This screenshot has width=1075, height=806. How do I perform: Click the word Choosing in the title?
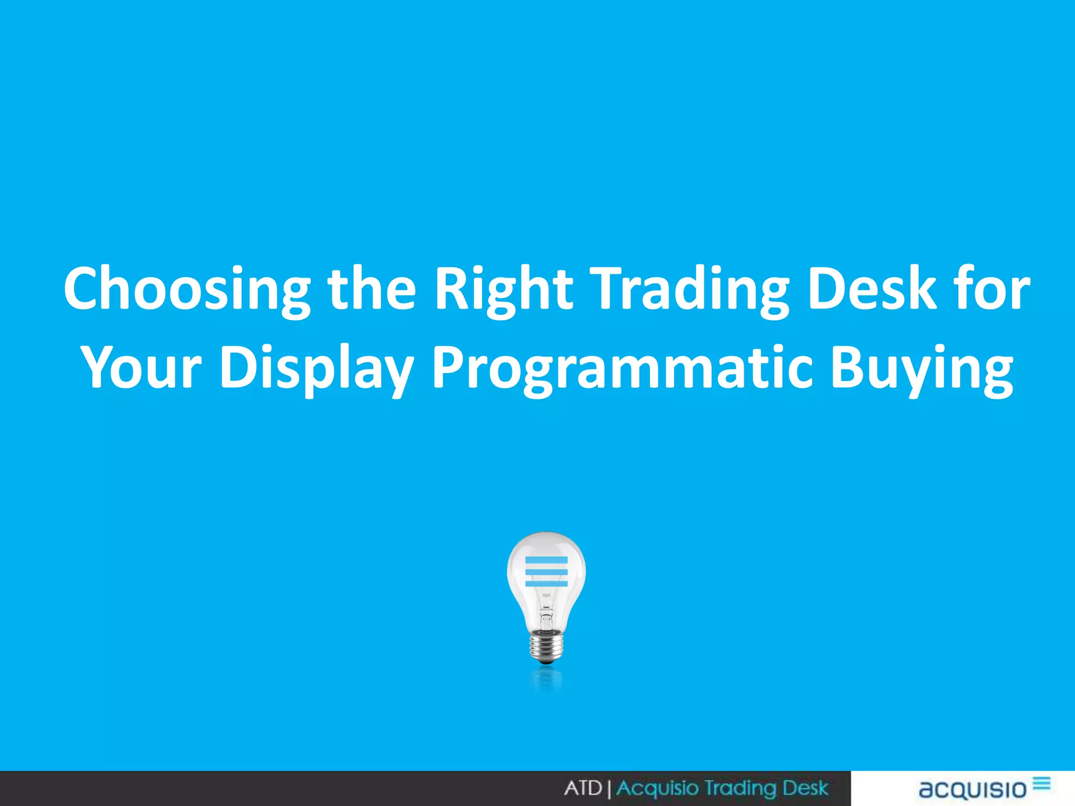[x=187, y=289]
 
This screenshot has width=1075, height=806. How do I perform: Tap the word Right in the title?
[x=503, y=289]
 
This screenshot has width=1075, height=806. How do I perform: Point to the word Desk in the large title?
[x=872, y=289]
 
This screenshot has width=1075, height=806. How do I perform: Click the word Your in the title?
[x=142, y=367]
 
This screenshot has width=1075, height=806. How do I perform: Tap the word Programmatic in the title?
[x=623, y=367]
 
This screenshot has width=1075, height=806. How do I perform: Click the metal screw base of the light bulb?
[x=546, y=646]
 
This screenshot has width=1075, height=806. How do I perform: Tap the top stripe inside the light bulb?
[x=546, y=560]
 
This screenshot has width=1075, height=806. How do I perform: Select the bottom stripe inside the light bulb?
[x=546, y=584]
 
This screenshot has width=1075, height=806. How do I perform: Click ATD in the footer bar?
[x=583, y=788]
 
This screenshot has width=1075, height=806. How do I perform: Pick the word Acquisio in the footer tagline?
[x=657, y=788]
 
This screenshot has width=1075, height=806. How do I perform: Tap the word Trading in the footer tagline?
[x=740, y=788]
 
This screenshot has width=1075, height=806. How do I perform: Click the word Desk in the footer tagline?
[x=805, y=788]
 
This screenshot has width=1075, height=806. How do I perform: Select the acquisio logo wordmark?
[x=973, y=789]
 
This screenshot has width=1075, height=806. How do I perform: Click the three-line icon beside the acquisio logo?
[x=1042, y=783]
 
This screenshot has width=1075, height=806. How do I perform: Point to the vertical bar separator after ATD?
[x=609, y=789]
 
